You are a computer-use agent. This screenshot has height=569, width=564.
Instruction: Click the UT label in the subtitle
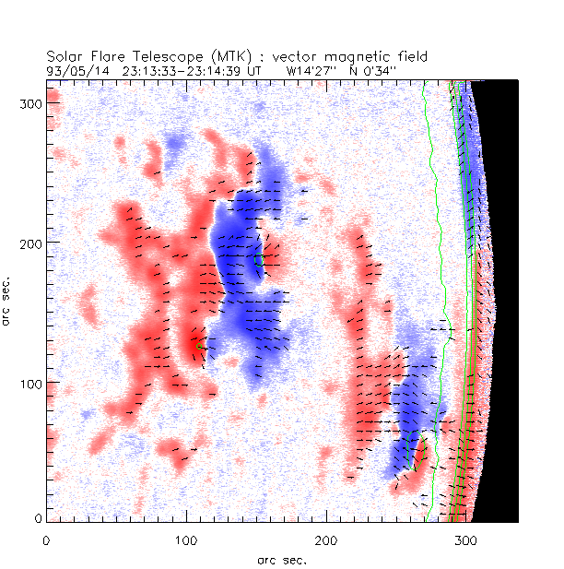[x=253, y=69]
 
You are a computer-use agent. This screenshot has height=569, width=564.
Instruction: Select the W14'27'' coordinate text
[x=309, y=69]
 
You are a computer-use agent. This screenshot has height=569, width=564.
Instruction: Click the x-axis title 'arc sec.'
[x=282, y=559]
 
